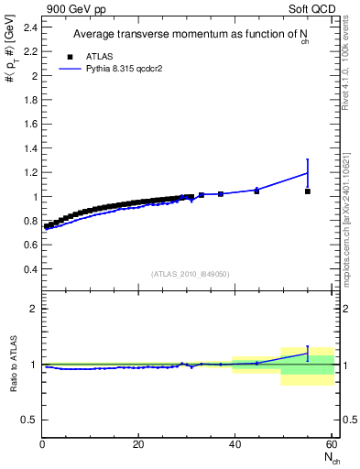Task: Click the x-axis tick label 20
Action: (x=138, y=444)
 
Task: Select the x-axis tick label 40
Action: (x=235, y=444)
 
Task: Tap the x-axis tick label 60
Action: (x=331, y=444)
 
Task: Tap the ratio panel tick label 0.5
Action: (x=28, y=420)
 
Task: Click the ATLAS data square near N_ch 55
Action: (x=307, y=191)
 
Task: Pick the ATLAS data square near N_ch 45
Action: (x=256, y=191)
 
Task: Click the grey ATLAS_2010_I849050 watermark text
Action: (x=191, y=273)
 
